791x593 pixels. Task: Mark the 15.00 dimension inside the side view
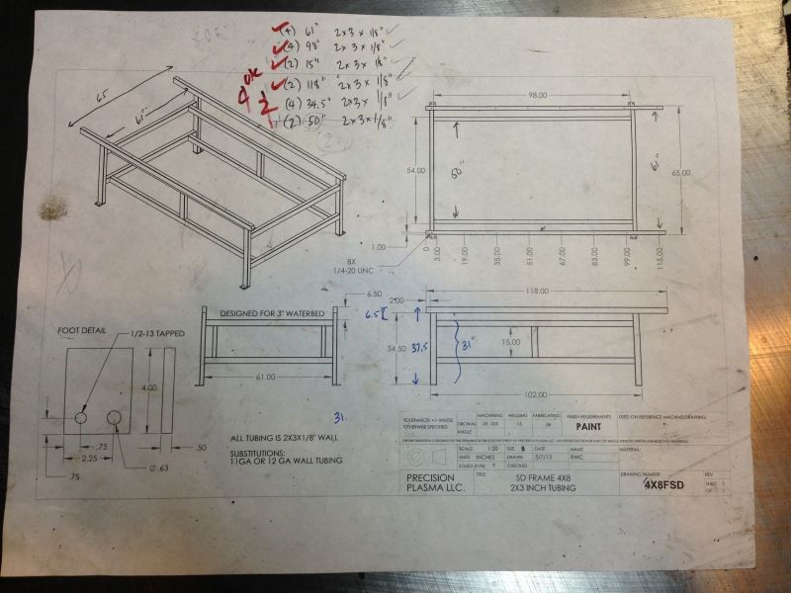[x=510, y=342]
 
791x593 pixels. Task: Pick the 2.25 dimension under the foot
[x=90, y=460]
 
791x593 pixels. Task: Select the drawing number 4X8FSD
[x=663, y=485]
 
